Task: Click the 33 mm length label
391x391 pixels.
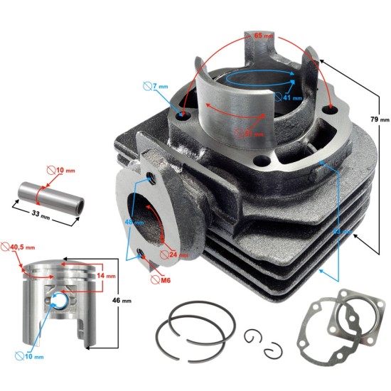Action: pos(37,214)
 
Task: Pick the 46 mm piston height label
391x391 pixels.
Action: pos(122,301)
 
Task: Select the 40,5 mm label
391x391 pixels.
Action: pos(25,247)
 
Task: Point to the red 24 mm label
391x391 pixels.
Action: pos(179,253)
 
